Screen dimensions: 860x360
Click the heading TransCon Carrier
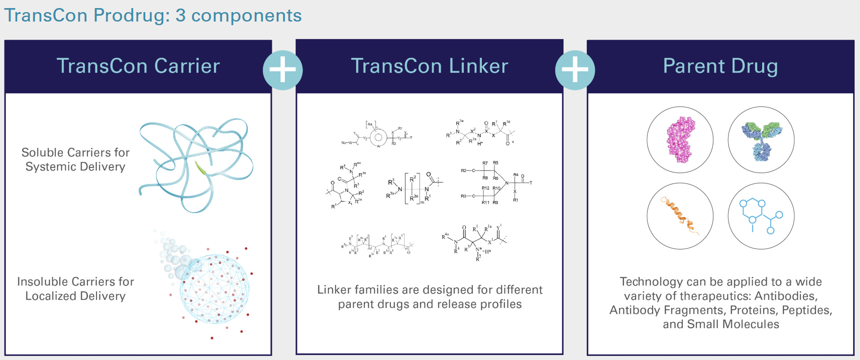138,66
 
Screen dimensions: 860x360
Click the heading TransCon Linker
429,66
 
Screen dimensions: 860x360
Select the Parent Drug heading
720,66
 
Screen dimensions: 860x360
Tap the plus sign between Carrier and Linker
283,70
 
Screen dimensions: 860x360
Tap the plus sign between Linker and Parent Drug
575,70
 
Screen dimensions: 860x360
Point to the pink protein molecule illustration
680,140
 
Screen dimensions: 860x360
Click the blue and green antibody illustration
761,140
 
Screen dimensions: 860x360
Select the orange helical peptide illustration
680,216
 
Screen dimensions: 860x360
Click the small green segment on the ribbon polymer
200,168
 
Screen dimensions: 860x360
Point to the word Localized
50,296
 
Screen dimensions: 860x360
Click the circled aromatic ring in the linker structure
378,137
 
